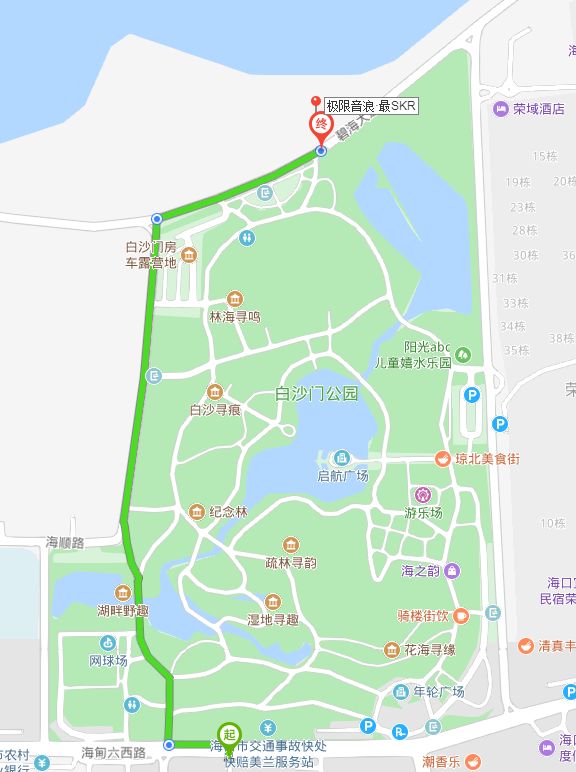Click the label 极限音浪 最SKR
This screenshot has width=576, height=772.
click(x=371, y=105)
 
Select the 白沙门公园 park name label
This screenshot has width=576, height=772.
click(x=316, y=394)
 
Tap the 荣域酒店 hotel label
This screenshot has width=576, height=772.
click(x=538, y=109)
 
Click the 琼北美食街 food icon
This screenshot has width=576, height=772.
click(x=441, y=458)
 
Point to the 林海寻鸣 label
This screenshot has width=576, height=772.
click(x=234, y=316)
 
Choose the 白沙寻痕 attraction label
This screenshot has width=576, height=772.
click(x=214, y=409)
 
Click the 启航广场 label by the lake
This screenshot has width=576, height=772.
click(x=342, y=476)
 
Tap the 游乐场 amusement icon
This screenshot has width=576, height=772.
click(x=423, y=495)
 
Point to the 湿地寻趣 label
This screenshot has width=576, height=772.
click(x=273, y=620)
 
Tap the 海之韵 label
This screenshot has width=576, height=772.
click(x=419, y=571)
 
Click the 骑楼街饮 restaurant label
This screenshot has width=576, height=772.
click(x=425, y=616)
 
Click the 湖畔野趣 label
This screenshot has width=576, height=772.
click(x=122, y=610)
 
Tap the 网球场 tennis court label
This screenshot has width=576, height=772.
click(x=108, y=661)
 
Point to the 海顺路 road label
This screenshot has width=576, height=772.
click(x=66, y=541)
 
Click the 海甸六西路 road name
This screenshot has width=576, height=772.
click(x=114, y=751)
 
